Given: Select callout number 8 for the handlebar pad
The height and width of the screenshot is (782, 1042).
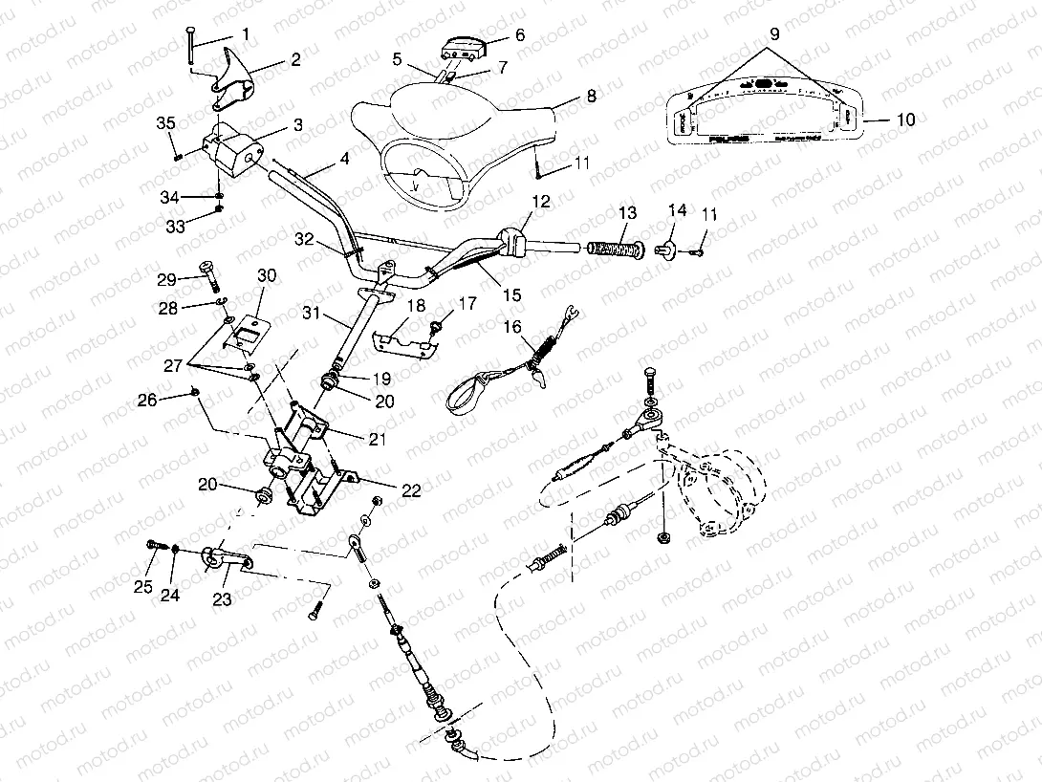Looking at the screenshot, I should (591, 96).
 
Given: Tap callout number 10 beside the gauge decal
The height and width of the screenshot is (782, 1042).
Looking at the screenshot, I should (905, 119).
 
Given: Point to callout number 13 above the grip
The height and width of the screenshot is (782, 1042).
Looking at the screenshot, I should (626, 212).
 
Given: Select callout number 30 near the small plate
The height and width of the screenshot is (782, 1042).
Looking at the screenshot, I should (267, 276).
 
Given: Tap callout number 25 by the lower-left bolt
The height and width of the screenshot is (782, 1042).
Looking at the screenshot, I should (143, 586).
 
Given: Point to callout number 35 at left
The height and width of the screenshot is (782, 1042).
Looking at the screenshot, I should (165, 123).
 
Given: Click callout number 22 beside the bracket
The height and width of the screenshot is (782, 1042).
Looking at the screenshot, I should (411, 490).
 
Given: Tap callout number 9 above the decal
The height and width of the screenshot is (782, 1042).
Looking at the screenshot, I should (773, 33).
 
